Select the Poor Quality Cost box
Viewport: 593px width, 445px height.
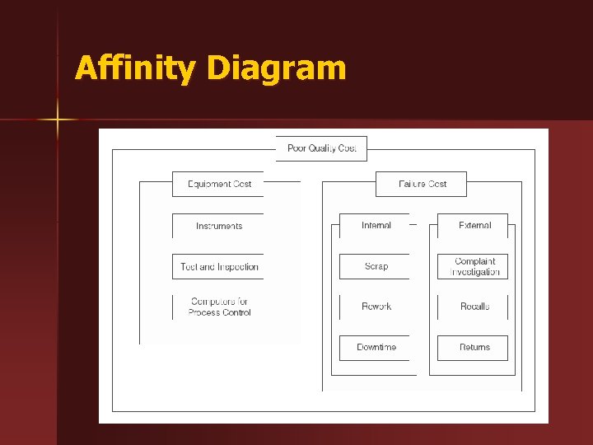(321, 148)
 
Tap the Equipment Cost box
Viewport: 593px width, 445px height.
(219, 184)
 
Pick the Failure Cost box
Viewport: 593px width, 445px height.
(422, 184)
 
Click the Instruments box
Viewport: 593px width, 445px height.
(219, 226)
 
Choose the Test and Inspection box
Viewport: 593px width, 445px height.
(219, 267)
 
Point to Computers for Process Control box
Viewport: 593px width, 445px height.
(219, 307)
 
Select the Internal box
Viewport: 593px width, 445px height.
(376, 225)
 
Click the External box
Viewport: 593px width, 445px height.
(474, 225)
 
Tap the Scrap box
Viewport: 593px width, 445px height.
(376, 266)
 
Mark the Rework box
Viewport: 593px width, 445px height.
(376, 307)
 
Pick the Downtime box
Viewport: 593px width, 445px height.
(376, 348)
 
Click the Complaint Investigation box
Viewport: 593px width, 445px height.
(474, 266)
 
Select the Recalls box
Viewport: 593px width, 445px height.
(474, 307)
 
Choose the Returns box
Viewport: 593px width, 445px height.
(474, 348)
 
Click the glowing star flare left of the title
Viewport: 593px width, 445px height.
(58, 120)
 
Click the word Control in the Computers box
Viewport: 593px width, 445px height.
(235, 312)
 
